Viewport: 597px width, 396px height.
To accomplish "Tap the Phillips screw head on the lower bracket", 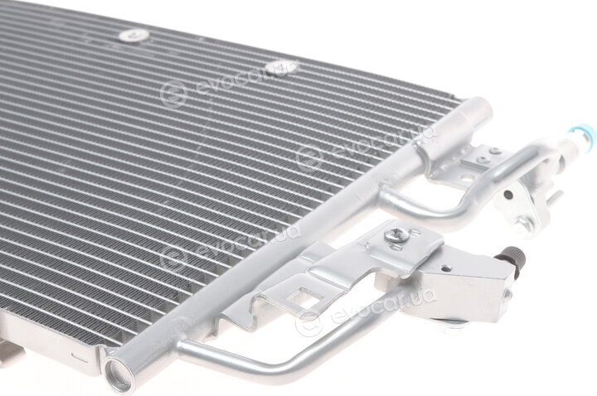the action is [396, 234].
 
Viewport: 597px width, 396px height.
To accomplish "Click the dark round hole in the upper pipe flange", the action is [508, 195].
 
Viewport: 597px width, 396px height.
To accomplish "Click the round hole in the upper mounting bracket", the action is [464, 177].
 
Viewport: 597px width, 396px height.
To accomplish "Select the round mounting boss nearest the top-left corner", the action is [133, 36].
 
